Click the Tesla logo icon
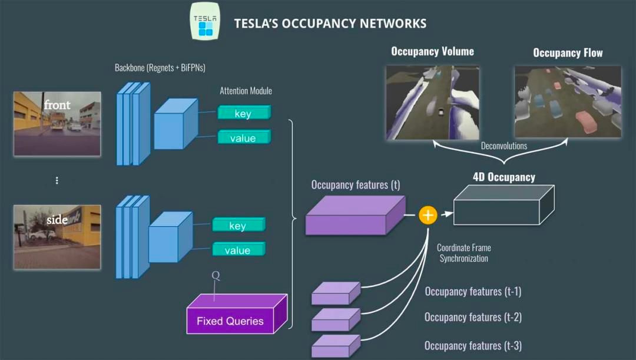tap(206, 21)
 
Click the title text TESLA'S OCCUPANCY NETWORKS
tap(330, 24)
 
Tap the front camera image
tap(57, 123)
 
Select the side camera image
tap(57, 236)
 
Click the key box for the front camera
tap(244, 113)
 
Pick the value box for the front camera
tap(244, 138)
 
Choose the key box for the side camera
tap(238, 225)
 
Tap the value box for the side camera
tap(238, 250)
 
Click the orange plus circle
tap(428, 215)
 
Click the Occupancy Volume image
tap(432, 101)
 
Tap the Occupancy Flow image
tap(568, 101)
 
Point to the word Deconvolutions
tap(503, 146)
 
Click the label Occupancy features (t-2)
tap(473, 317)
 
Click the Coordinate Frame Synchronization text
tap(463, 253)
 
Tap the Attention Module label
tap(246, 91)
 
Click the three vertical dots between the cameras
tap(57, 180)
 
